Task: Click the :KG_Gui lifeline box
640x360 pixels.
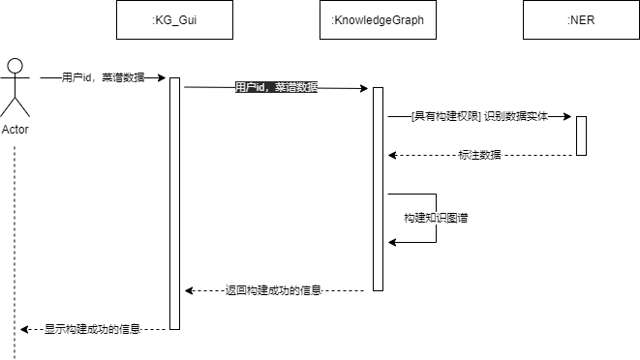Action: [174, 19]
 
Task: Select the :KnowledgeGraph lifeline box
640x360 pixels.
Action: [378, 19]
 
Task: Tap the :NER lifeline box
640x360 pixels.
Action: [581, 19]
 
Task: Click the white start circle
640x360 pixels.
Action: [15, 66]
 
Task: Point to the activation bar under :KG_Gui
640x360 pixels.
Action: [175, 203]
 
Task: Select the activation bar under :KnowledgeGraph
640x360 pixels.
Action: [379, 189]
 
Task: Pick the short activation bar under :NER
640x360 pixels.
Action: [582, 135]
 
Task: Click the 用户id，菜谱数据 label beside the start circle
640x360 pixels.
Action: [103, 77]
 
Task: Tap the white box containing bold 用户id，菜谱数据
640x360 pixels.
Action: [276, 87]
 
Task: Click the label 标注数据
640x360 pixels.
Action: [479, 155]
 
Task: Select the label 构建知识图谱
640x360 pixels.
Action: [437, 219]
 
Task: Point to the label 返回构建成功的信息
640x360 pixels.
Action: [273, 290]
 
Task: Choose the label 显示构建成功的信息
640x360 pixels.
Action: [92, 329]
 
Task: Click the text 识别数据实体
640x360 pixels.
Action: [517, 116]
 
